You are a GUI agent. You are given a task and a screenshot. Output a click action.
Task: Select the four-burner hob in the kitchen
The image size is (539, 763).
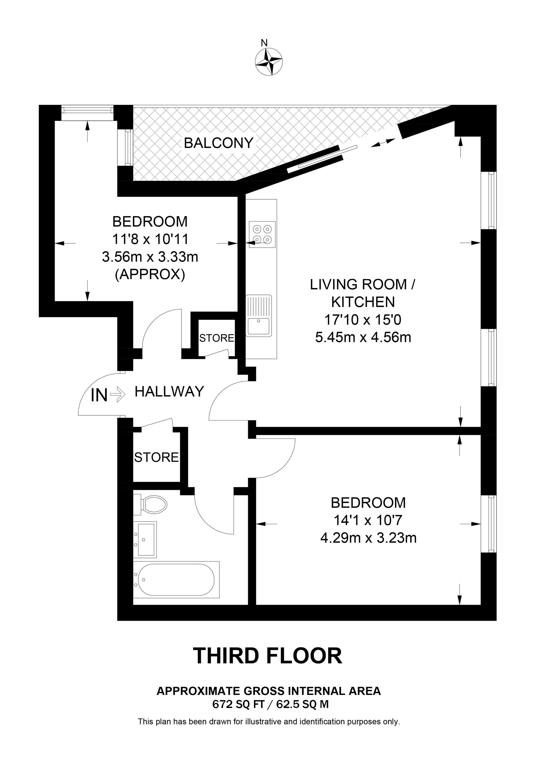pyautogui.click(x=262, y=234)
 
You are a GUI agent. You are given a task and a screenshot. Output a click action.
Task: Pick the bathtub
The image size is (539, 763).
pyautogui.click(x=176, y=579)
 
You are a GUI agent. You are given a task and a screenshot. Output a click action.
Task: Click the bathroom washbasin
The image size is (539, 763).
pyautogui.click(x=145, y=539)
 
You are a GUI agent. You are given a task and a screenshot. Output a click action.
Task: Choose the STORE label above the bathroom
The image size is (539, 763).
pyautogui.click(x=156, y=457)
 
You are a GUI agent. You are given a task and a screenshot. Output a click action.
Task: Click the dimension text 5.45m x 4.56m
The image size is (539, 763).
pyautogui.click(x=363, y=337)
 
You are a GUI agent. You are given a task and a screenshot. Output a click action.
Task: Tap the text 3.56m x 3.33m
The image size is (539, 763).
pyautogui.click(x=150, y=257)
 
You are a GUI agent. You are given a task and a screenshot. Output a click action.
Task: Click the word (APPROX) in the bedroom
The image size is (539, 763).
pyautogui.click(x=150, y=275)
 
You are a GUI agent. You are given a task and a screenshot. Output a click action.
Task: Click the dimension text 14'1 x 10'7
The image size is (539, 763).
pyautogui.click(x=368, y=520)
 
